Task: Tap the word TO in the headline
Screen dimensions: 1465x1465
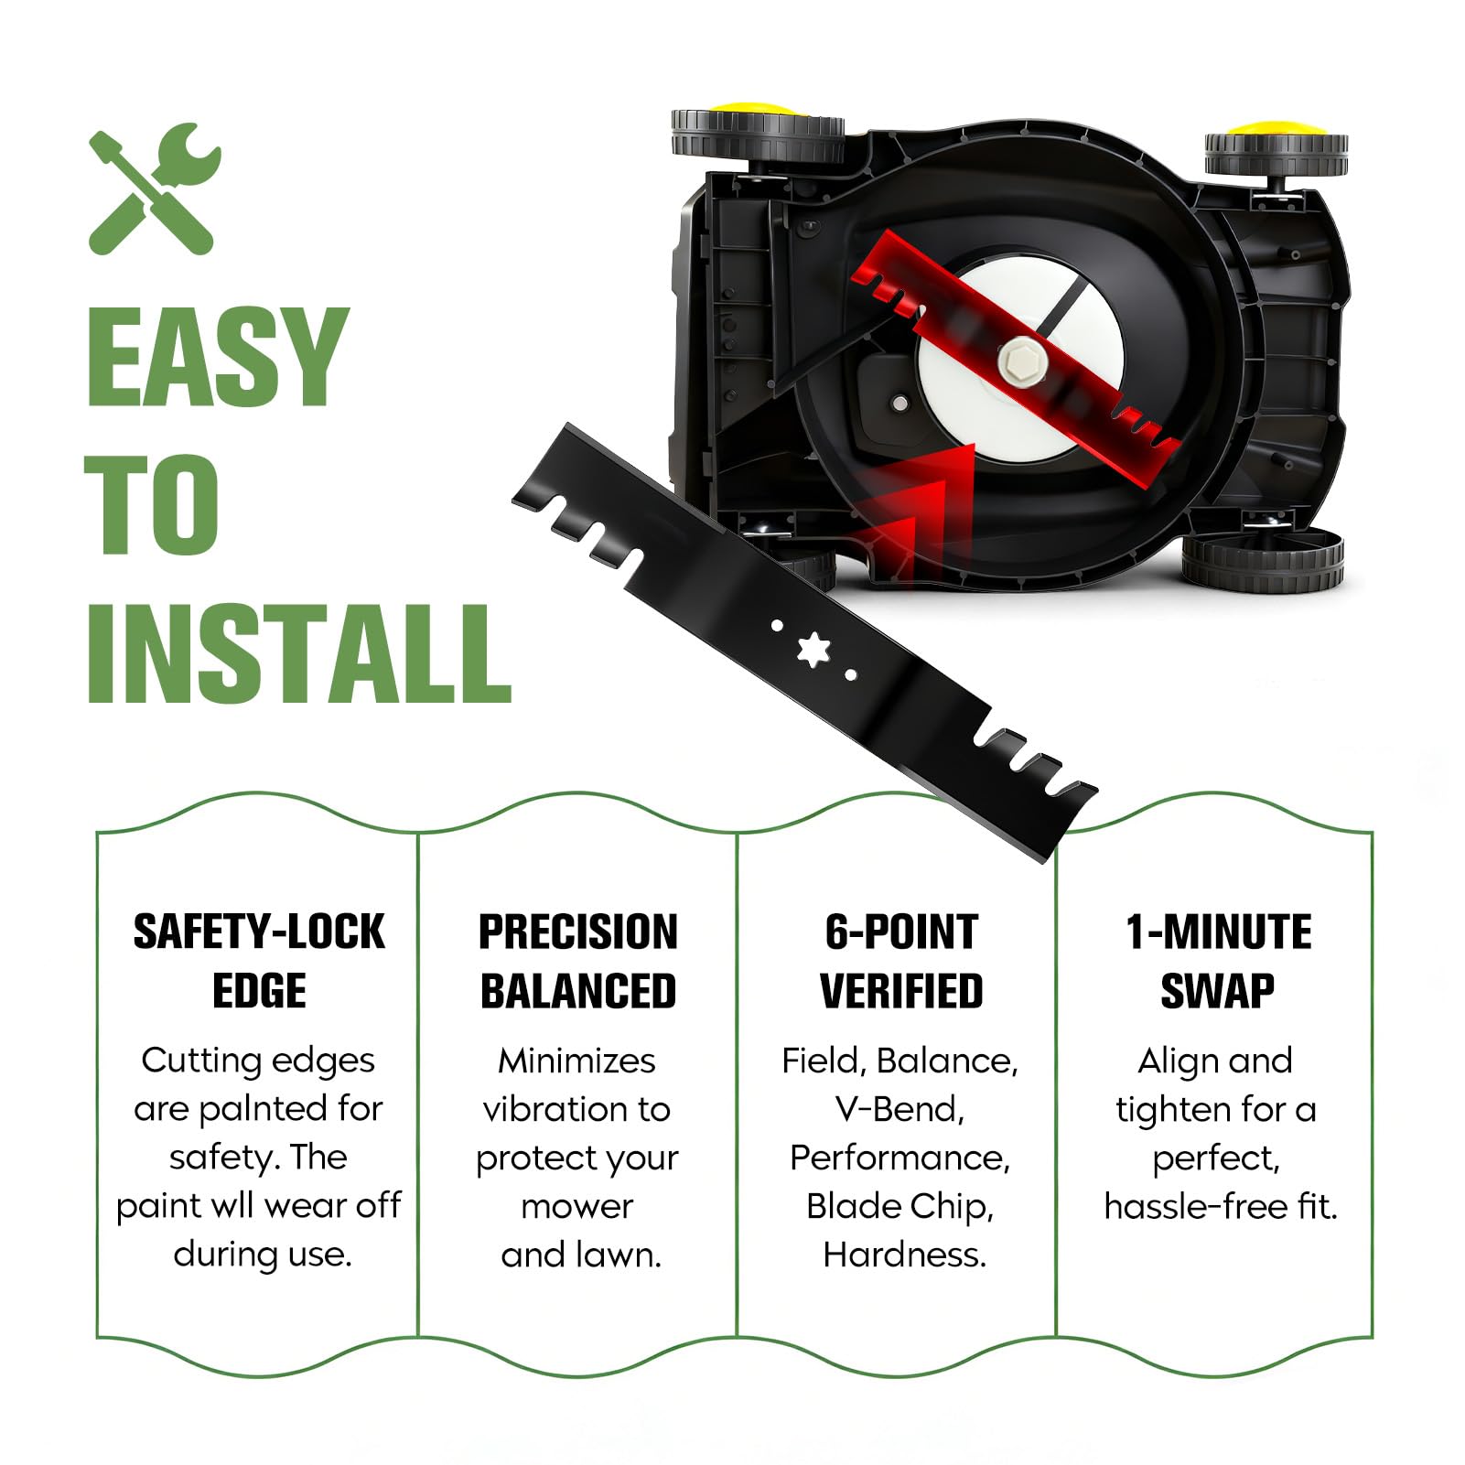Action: pyautogui.click(x=152, y=504)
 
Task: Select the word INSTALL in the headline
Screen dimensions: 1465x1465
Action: pyautogui.click(x=298, y=652)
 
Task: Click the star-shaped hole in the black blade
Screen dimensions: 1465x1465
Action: pyautogui.click(x=813, y=650)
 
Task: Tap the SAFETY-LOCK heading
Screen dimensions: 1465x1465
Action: pyautogui.click(x=259, y=932)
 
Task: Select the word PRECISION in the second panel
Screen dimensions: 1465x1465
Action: pyautogui.click(x=578, y=932)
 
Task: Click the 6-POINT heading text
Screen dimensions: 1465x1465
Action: pyautogui.click(x=901, y=932)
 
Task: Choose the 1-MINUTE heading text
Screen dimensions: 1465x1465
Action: pyautogui.click(x=1219, y=932)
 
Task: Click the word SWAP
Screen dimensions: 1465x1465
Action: pyautogui.click(x=1217, y=991)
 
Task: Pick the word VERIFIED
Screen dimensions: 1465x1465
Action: pyautogui.click(x=901, y=991)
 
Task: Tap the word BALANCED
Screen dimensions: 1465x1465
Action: pyautogui.click(x=578, y=991)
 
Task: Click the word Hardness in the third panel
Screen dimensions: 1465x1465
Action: pyautogui.click(x=904, y=1255)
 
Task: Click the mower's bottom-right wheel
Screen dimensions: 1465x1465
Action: pyautogui.click(x=1262, y=560)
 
